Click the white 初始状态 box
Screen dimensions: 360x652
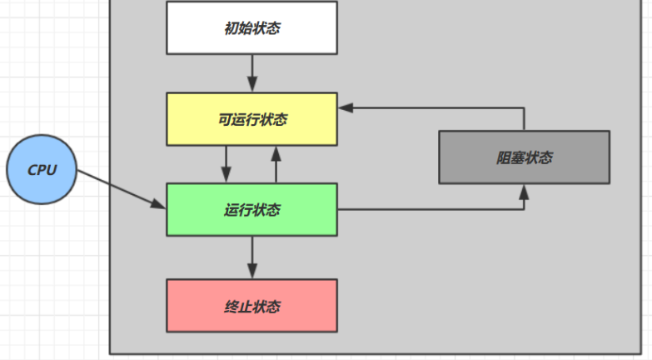tap(251, 27)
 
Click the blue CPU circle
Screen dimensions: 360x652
tap(42, 170)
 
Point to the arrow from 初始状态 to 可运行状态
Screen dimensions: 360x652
tap(251, 72)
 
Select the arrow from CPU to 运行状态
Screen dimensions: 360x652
tap(121, 189)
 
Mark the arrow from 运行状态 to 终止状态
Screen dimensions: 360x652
tap(251, 257)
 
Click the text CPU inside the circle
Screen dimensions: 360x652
tap(42, 170)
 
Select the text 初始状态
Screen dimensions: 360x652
tap(251, 28)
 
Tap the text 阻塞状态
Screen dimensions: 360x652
tap(524, 157)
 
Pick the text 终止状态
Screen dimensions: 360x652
tap(251, 307)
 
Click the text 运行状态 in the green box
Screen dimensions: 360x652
tap(251, 209)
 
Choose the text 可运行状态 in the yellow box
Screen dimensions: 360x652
tap(251, 119)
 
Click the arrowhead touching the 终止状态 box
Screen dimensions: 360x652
tap(251, 272)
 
